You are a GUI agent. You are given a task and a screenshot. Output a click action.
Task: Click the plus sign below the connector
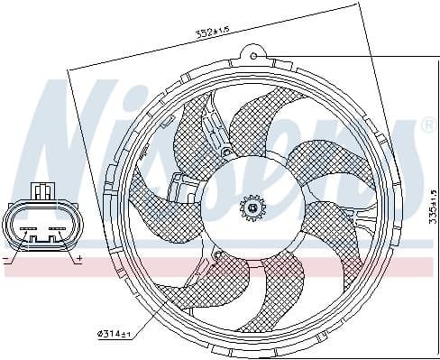[x=80, y=259]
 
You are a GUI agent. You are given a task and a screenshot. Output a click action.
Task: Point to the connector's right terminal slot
[x=55, y=238]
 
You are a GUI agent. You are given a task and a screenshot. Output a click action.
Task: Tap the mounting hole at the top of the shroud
[x=255, y=58]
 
